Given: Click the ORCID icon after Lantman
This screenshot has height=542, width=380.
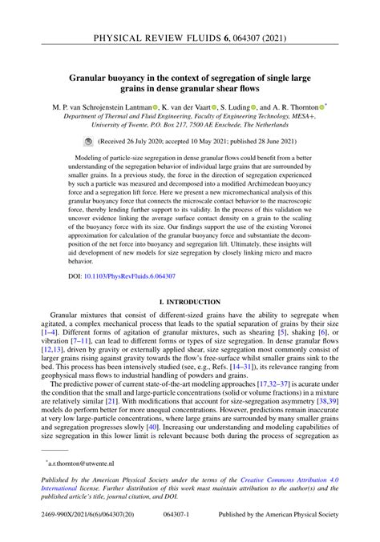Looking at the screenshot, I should [147, 106].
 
